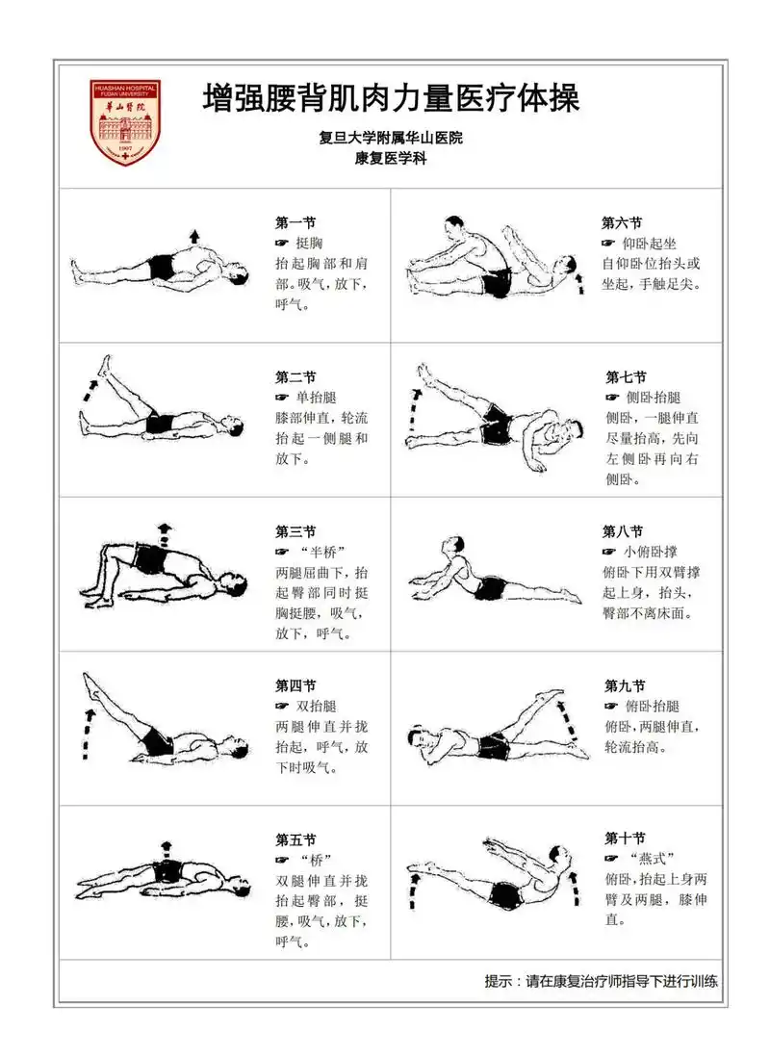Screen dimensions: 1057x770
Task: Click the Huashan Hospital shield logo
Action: (125, 122)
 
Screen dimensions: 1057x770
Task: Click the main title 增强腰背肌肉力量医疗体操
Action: (391, 98)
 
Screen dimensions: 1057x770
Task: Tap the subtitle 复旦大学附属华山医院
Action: (391, 139)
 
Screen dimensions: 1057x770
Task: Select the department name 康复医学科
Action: (391, 160)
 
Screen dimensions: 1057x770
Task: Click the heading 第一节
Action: (295, 222)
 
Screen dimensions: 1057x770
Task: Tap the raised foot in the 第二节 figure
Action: (106, 363)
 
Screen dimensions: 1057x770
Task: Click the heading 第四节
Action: (295, 686)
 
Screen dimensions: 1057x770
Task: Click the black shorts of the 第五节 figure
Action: (167, 871)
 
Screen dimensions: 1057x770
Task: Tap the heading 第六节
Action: (622, 222)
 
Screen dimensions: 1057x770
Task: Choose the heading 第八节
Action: (623, 531)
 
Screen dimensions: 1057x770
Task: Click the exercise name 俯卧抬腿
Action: (654, 706)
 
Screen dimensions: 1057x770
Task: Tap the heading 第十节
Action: (625, 838)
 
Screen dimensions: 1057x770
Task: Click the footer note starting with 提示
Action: (601, 982)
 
